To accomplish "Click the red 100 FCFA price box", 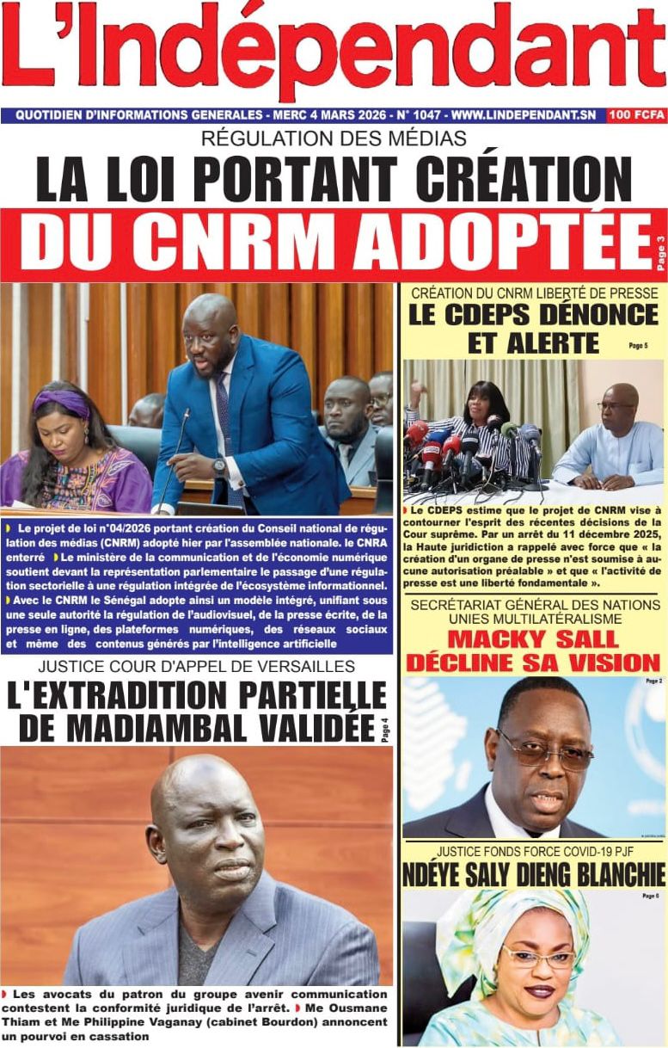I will (x=636, y=114).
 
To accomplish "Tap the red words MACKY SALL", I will (x=532, y=639).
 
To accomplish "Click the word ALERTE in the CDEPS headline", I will (x=533, y=342).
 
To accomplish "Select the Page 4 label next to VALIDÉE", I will (x=384, y=728).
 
